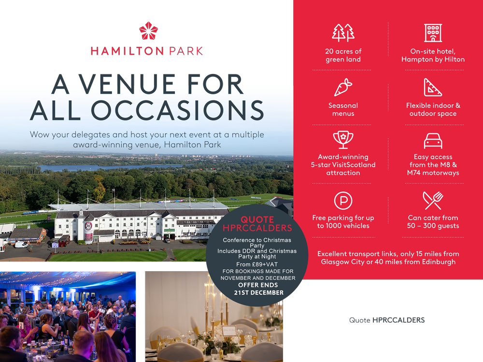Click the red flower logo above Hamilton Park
pos(148,31)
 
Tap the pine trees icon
pos(343,33)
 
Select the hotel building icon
pos(433,33)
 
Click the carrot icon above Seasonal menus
pos(343,87)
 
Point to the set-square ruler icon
pos(433,87)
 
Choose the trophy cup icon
pos(343,140)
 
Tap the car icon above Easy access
pos(433,141)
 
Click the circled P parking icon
pos(343,201)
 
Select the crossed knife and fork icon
pos(433,201)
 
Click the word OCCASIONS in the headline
pos(177,110)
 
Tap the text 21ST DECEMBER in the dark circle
pos(259,292)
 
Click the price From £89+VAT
pos(257,264)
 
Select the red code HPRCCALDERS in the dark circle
pos(257,228)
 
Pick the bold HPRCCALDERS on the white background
pos(398,320)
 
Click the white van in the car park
pos(21,245)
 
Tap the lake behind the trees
pos(111,167)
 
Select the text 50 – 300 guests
pos(433,226)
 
